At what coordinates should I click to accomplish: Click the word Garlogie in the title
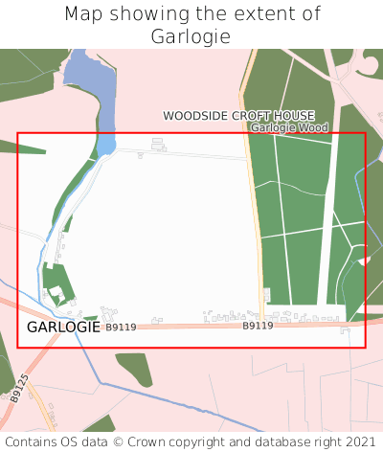[x=191, y=36]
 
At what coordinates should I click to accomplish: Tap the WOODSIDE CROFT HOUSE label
[x=238, y=116]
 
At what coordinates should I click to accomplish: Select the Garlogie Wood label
[x=289, y=127]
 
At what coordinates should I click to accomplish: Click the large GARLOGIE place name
[x=63, y=327]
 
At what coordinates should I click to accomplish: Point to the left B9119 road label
[x=121, y=328]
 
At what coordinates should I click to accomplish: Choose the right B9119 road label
[x=258, y=326]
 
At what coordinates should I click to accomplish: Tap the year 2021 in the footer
[x=360, y=442]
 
